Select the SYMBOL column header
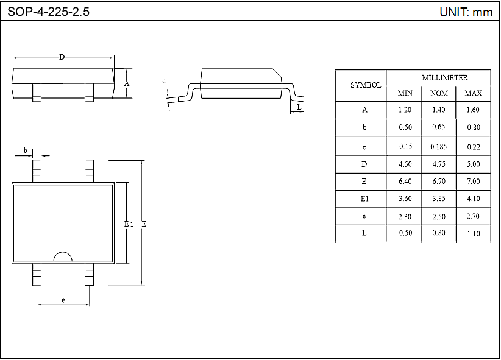point(366,85)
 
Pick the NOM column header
point(439,93)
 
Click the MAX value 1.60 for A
point(473,110)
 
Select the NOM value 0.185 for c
point(439,147)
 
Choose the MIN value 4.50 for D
point(405,164)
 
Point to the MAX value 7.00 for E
point(473,182)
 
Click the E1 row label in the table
point(364,199)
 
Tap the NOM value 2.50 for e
point(439,216)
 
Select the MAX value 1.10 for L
point(473,233)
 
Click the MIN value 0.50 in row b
point(405,127)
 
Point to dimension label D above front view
point(62,57)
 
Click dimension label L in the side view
point(298,107)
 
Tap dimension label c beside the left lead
point(164,81)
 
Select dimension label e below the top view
point(63,300)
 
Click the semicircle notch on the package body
point(63,258)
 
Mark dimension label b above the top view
point(25,150)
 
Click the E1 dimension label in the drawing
point(129,224)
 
